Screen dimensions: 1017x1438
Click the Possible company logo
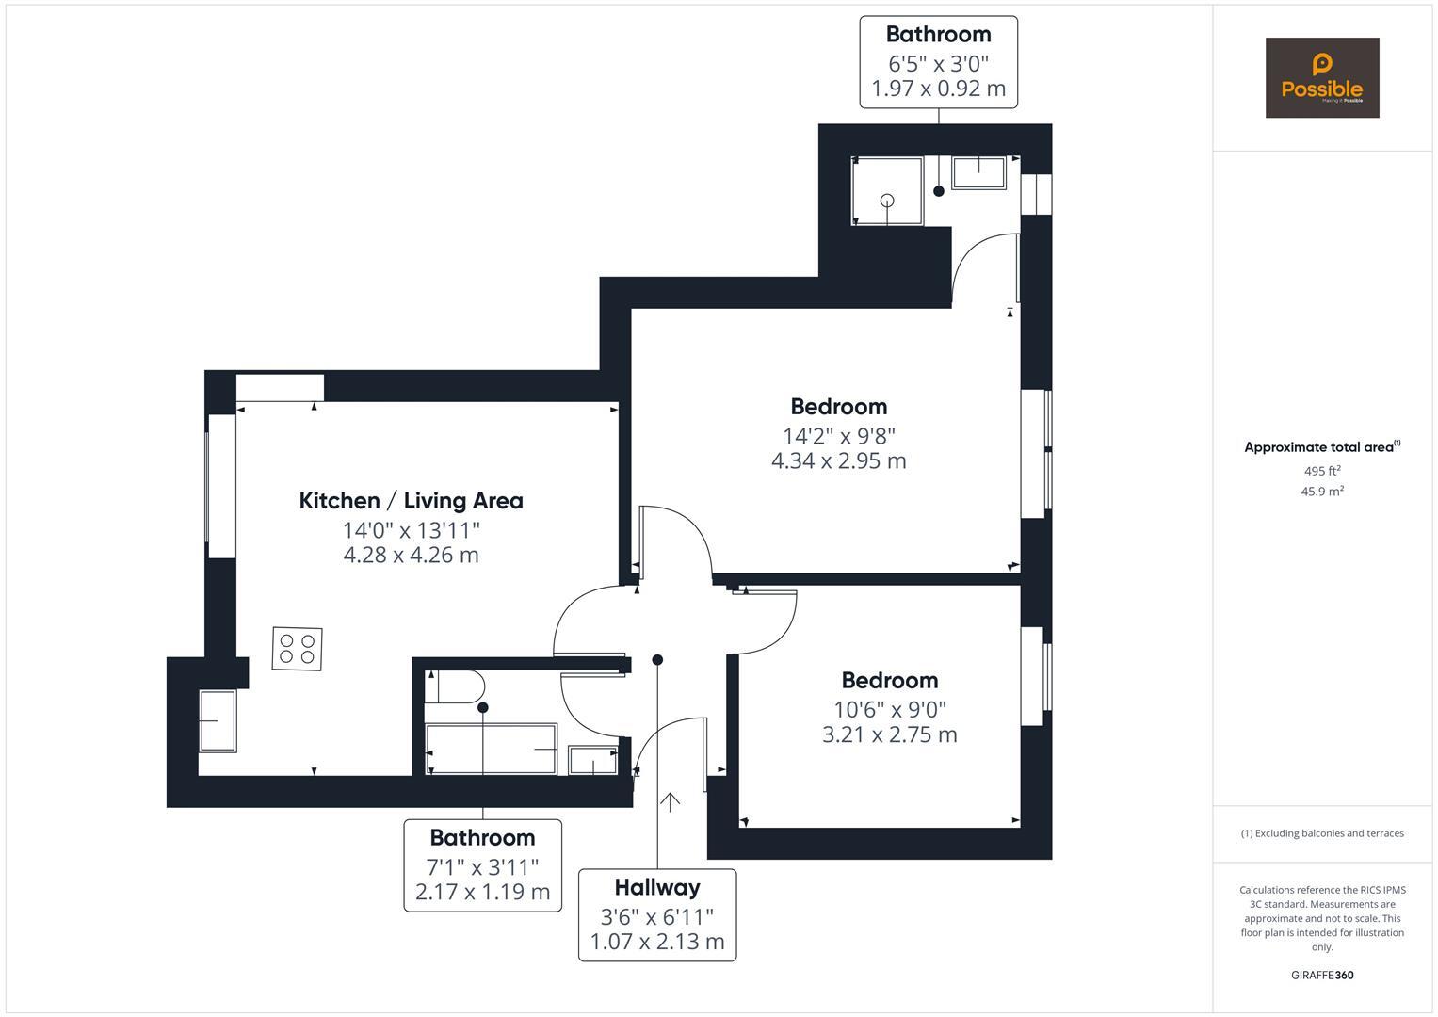point(1321,77)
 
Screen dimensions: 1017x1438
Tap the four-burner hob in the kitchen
point(297,649)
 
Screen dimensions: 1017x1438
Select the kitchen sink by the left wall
point(218,721)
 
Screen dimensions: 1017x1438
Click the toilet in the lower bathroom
point(455,686)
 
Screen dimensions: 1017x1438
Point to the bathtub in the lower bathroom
point(491,749)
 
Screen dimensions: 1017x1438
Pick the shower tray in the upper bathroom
point(887,191)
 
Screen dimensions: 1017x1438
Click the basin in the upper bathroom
point(978,172)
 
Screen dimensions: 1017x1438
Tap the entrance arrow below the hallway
point(670,802)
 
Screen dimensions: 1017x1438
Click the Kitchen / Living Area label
point(411,501)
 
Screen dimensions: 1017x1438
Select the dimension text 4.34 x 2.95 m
point(838,461)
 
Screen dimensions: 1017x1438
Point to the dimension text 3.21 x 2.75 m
point(889,735)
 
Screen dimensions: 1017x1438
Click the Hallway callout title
point(657,887)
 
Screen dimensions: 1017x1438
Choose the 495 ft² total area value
point(1322,471)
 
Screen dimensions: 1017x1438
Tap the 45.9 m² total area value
point(1322,492)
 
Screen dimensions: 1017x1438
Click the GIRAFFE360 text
point(1322,976)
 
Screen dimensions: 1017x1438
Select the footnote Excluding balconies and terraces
point(1322,833)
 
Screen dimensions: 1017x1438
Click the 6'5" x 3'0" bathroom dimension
point(938,64)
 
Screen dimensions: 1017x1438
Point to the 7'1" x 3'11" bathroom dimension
point(482,866)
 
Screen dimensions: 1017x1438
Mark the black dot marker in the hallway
point(657,660)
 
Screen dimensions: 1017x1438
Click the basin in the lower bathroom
point(593,760)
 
